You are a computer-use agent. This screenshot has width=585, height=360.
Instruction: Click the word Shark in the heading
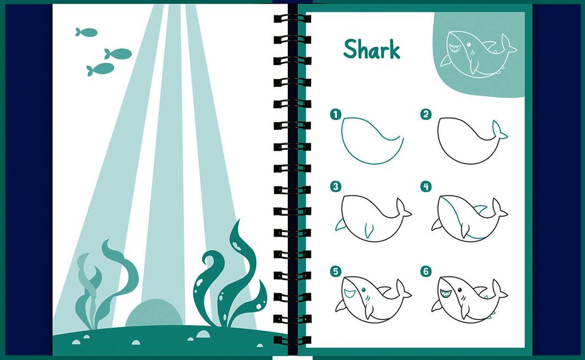pyautogui.click(x=372, y=49)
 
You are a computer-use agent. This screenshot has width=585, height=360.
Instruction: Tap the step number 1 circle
pyautogui.click(x=336, y=114)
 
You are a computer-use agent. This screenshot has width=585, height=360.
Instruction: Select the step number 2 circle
pyautogui.click(x=426, y=114)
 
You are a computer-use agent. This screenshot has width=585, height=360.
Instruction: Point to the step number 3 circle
pyautogui.click(x=336, y=186)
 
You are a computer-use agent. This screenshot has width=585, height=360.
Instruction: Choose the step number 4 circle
pyautogui.click(x=426, y=186)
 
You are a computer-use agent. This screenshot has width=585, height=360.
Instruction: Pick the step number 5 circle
pyautogui.click(x=336, y=271)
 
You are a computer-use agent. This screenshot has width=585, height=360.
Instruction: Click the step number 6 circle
pyautogui.click(x=426, y=271)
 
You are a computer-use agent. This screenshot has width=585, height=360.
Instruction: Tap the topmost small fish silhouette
pyautogui.click(x=86, y=32)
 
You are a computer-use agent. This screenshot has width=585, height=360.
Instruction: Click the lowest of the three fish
pyautogui.click(x=100, y=69)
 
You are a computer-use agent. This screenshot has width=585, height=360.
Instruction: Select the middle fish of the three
pyautogui.click(x=118, y=53)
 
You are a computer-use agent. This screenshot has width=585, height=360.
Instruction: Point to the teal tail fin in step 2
pyautogui.click(x=499, y=130)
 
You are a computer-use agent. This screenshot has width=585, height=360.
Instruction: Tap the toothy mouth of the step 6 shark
pyautogui.click(x=445, y=294)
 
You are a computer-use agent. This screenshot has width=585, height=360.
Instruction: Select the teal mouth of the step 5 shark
pyautogui.click(x=349, y=293)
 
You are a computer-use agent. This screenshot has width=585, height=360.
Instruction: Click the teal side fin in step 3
pyautogui.click(x=341, y=224)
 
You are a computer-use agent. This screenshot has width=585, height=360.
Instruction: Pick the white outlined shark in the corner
pyautogui.click(x=478, y=53)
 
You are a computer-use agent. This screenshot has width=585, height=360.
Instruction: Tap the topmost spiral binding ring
pyautogui.click(x=292, y=18)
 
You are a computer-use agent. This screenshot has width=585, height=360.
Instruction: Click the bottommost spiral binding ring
pyautogui.click(x=292, y=340)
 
